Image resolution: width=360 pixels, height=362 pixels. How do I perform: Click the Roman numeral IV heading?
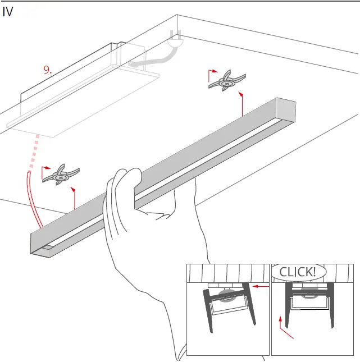[x=8, y=12]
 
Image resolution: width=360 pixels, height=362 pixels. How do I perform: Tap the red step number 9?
[x=48, y=70]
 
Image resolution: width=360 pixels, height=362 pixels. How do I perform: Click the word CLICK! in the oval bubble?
[x=298, y=272]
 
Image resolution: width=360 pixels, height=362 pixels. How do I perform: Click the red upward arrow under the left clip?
[x=75, y=199]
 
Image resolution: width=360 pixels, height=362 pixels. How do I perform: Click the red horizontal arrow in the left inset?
[x=259, y=286]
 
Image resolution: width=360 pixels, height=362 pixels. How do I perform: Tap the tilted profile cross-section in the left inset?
[x=227, y=306]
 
